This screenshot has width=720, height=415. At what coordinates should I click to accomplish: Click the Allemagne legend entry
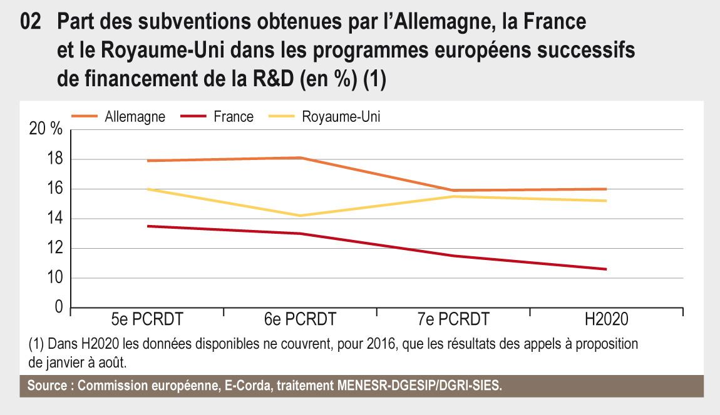tap(118, 116)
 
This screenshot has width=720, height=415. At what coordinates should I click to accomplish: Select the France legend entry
tap(217, 116)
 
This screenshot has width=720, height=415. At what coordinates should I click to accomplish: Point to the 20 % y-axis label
tap(46, 128)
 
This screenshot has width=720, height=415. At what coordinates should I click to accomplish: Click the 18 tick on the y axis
tap(54, 159)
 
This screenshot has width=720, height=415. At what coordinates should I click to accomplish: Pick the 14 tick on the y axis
tap(54, 218)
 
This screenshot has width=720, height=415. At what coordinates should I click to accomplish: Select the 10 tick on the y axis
tap(54, 277)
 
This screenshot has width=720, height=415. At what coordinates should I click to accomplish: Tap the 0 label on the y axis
tap(59, 306)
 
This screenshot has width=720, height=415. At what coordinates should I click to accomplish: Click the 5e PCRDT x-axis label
tap(147, 319)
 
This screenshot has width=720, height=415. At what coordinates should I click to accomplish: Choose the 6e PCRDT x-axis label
tap(301, 319)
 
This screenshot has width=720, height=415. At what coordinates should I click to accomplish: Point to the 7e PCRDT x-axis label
tap(454, 319)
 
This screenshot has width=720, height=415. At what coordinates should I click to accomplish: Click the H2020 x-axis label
tap(606, 319)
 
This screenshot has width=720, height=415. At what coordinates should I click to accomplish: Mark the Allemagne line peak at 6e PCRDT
tap(301, 157)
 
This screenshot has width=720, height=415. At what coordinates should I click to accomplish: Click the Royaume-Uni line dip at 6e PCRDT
tap(301, 216)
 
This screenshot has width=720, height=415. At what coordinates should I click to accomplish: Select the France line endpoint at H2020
tap(606, 269)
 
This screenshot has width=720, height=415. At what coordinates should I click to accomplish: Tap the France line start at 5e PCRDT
tap(147, 226)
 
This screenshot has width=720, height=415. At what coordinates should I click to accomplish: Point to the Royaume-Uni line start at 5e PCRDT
tap(147, 189)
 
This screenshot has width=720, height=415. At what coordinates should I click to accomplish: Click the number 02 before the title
tap(31, 21)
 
